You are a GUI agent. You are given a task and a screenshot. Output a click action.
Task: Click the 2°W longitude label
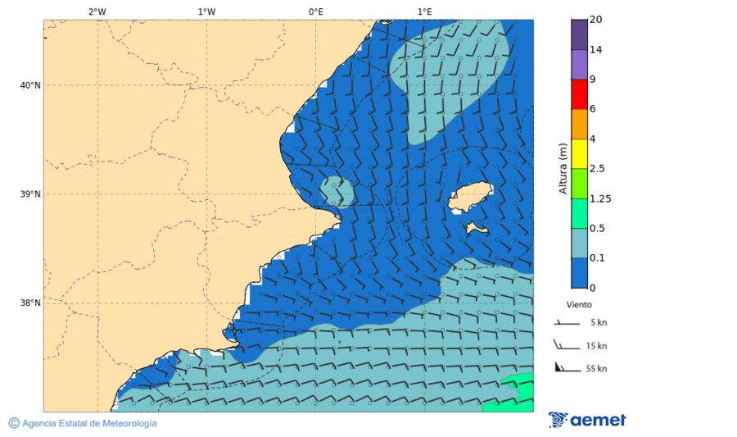pyautogui.click(x=97, y=11)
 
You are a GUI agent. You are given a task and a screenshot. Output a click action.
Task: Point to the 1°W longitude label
pyautogui.click(x=206, y=11)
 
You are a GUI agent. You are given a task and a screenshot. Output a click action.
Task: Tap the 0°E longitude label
pyautogui.click(x=315, y=11)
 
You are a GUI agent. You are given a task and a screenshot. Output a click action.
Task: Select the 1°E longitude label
pyautogui.click(x=424, y=11)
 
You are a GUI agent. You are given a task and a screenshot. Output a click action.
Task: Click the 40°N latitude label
pyautogui.click(x=30, y=85)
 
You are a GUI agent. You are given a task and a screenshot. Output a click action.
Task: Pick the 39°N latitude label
pyautogui.click(x=30, y=194)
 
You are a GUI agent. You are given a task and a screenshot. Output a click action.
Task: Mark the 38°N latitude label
pyautogui.click(x=30, y=303)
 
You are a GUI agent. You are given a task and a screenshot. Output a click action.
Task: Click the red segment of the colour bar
pyautogui.click(x=579, y=94)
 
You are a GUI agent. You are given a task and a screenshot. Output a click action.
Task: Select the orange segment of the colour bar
pyautogui.click(x=579, y=124)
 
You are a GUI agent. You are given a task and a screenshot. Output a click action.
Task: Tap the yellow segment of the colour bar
pyautogui.click(x=579, y=153)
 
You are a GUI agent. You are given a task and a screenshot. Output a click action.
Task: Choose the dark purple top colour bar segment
pyautogui.click(x=579, y=34)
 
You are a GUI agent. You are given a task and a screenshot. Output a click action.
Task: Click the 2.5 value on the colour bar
pyautogui.click(x=598, y=169)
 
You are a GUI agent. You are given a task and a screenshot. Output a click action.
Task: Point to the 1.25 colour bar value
pyautogui.click(x=600, y=198)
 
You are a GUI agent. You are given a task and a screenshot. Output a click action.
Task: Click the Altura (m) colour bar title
pyautogui.click(x=563, y=168)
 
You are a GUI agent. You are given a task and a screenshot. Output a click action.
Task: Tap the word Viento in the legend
pyautogui.click(x=579, y=304)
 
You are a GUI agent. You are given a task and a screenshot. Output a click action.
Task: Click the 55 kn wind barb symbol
pyautogui.click(x=566, y=367)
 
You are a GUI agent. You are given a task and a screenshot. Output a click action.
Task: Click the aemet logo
pyautogui.click(x=587, y=420)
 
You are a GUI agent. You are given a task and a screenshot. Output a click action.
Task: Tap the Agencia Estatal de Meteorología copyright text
pyautogui.click(x=83, y=423)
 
